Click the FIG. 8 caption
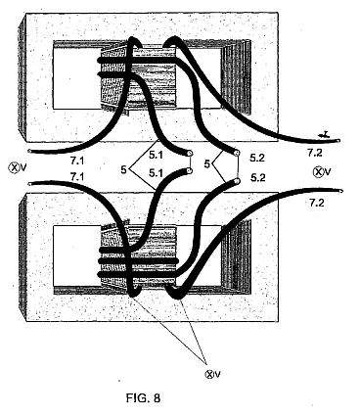click(x=143, y=398)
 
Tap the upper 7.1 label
click(x=77, y=161)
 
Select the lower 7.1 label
click(x=77, y=177)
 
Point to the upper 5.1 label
click(x=156, y=156)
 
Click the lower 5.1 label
click(x=156, y=173)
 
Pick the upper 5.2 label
click(x=257, y=158)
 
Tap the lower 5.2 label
click(x=258, y=178)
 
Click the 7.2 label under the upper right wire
click(x=315, y=153)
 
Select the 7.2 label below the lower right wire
click(x=316, y=203)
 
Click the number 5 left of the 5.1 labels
click(x=123, y=169)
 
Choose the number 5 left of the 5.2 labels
click(x=206, y=163)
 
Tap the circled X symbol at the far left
click(x=14, y=167)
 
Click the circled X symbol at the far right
click(x=318, y=171)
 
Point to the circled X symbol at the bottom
click(x=208, y=374)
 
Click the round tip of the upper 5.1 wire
click(x=190, y=153)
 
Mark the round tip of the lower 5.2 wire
click(x=238, y=181)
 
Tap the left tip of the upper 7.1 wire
click(x=29, y=151)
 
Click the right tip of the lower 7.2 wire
click(x=341, y=192)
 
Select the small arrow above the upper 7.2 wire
click(x=324, y=134)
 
